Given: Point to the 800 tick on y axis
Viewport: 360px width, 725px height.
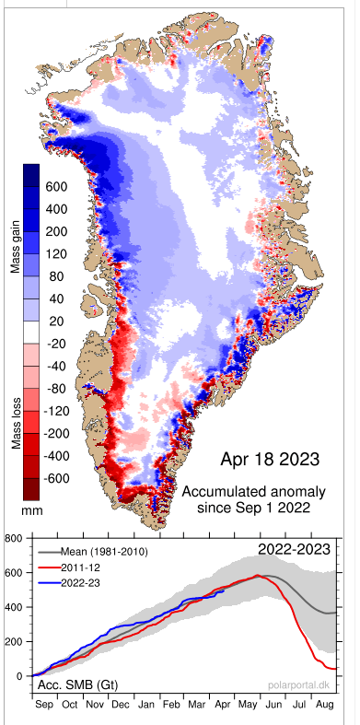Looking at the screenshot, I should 16,537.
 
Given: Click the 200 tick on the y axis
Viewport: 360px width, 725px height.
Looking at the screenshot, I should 16,641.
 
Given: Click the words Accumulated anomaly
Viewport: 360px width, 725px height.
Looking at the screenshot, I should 254,489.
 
